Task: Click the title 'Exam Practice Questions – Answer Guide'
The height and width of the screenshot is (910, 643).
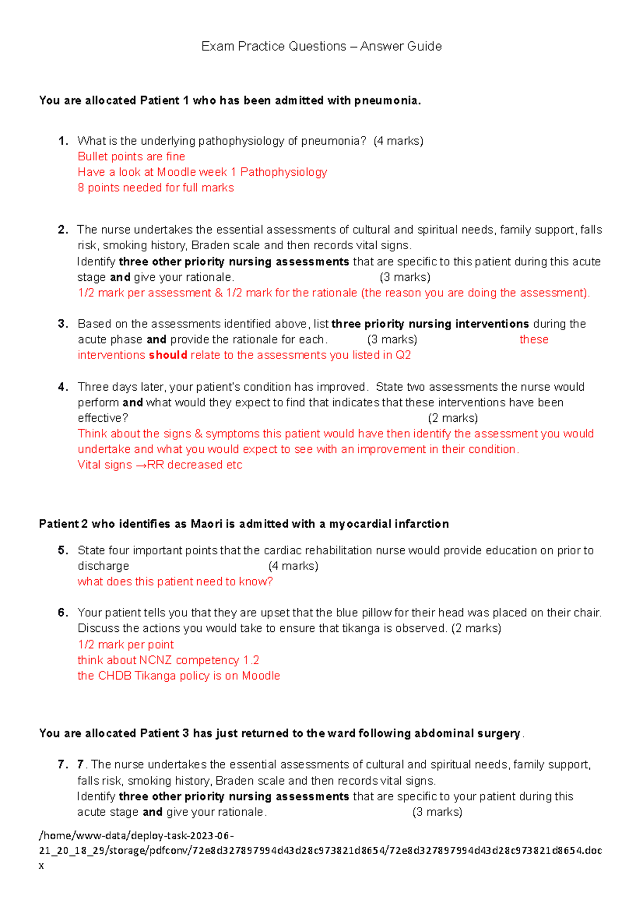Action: pos(322,47)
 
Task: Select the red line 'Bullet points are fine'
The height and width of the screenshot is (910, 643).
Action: pos(131,156)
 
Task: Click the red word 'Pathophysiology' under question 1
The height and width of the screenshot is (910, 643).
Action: pos(283,172)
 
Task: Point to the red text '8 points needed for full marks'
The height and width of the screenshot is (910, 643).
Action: pos(155,188)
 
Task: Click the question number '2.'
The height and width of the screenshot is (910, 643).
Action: pos(63,230)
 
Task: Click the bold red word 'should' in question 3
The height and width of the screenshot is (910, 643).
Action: pos(168,355)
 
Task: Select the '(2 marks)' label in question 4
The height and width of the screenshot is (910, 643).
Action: pos(453,418)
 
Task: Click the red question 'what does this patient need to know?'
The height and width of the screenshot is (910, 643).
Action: pos(175,581)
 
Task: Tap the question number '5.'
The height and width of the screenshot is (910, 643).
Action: pos(63,550)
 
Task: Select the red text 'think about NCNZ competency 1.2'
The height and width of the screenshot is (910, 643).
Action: pos(168,660)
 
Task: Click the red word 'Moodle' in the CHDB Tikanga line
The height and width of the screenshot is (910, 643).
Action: pos(261,676)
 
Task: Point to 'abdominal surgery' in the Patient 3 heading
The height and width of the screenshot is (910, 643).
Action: pos(467,733)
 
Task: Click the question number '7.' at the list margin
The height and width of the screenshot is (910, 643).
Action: pos(63,764)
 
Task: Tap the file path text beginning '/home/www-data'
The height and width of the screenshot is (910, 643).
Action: pos(137,836)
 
